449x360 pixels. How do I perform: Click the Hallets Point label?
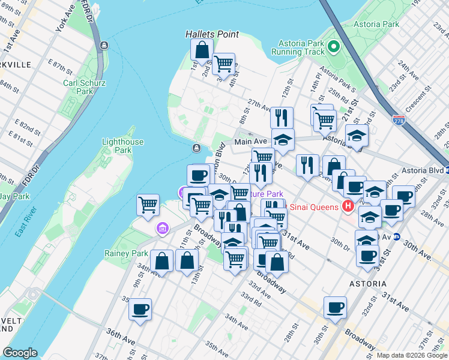(x=211, y=35)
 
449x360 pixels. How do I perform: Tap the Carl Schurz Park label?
(x=78, y=87)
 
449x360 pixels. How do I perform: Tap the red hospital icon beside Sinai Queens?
(x=347, y=207)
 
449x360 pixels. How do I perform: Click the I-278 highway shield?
(x=399, y=120)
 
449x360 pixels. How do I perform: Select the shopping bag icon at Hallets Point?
(x=202, y=49)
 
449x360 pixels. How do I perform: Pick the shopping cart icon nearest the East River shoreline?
(x=148, y=205)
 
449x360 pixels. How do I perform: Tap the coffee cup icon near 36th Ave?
(x=140, y=310)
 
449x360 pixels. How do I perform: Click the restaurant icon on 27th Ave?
(x=282, y=118)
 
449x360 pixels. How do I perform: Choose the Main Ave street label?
(x=250, y=142)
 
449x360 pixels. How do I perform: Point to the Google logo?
(x=20, y=353)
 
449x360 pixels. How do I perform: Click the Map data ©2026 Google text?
(x=411, y=355)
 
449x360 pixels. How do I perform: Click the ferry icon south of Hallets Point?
(x=196, y=148)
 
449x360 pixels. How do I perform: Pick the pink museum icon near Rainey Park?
(x=161, y=229)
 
